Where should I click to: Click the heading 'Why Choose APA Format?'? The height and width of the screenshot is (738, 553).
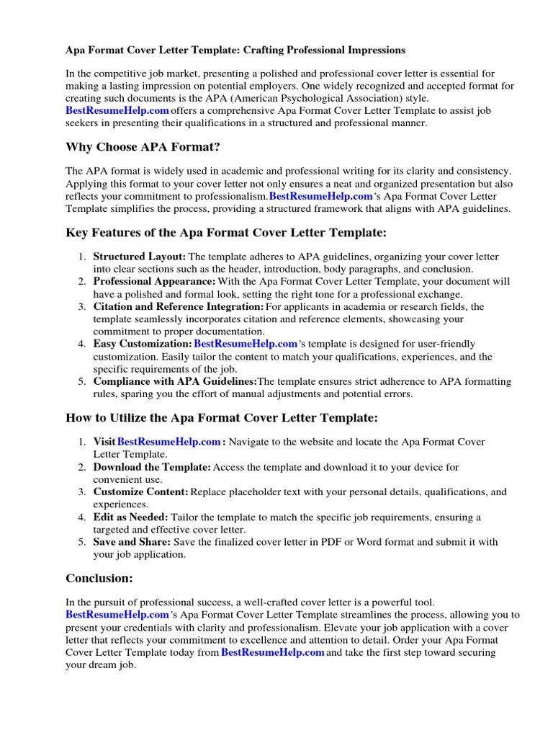pos(143,147)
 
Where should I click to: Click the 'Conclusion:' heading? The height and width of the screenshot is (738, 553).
pos(99,577)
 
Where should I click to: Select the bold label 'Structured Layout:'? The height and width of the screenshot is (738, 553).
pos(140,257)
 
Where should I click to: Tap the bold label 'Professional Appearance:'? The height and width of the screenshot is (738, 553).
pos(154,281)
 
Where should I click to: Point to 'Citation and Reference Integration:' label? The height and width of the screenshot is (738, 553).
pos(179,306)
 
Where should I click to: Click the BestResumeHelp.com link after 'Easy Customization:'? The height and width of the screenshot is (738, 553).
pos(246,344)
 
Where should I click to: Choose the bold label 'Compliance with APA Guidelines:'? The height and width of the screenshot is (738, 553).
pos(175,381)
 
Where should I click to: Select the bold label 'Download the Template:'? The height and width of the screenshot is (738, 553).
pos(152,467)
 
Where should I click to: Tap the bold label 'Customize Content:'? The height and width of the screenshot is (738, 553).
pos(141,492)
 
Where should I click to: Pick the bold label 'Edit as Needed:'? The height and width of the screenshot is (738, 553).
pos(130,517)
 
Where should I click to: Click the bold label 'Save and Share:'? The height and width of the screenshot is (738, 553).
pos(132,542)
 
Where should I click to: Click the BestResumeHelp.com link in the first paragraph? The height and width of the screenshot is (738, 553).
pos(117,110)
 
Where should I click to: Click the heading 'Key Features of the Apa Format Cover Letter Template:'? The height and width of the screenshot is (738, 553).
pos(226,233)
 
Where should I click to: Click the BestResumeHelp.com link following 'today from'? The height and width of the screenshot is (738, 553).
pos(273,652)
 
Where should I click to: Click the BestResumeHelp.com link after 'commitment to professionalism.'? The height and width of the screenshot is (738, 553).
pos(321,196)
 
